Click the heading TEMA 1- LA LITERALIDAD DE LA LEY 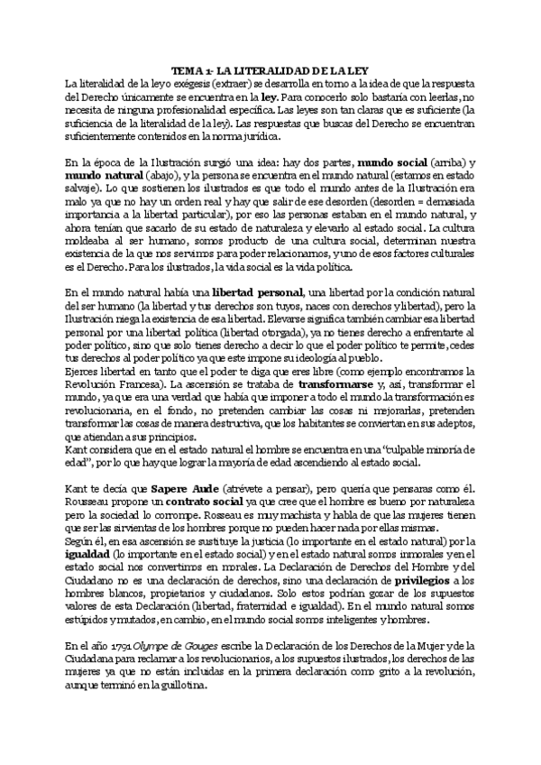tap(270, 70)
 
